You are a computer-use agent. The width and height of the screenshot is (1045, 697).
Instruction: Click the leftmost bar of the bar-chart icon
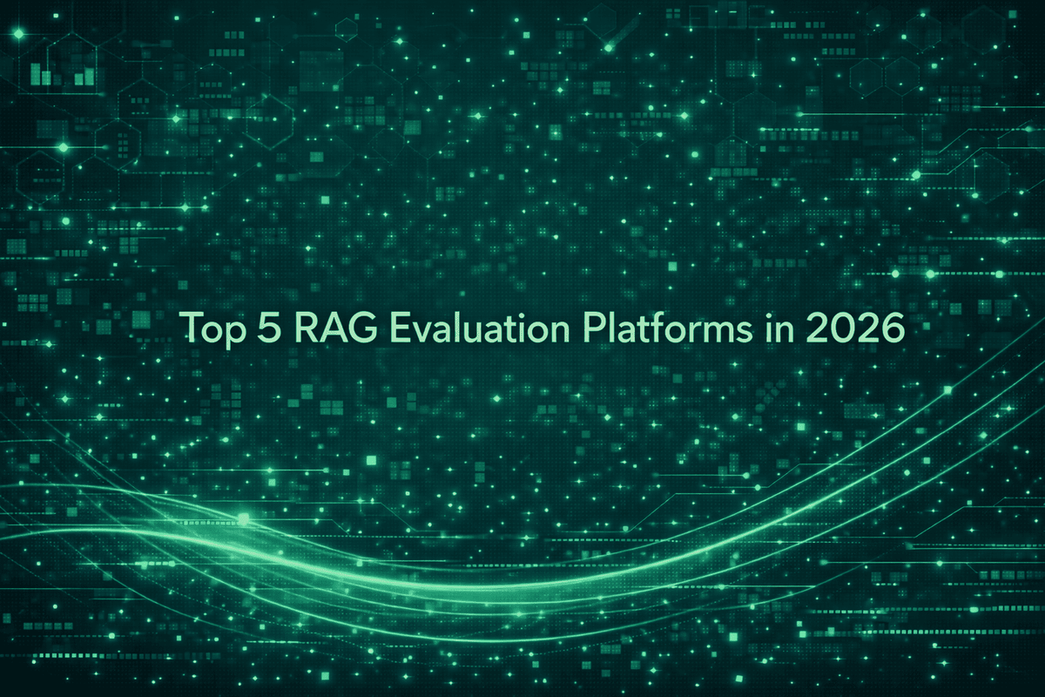pyautogui.click(x=36, y=73)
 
